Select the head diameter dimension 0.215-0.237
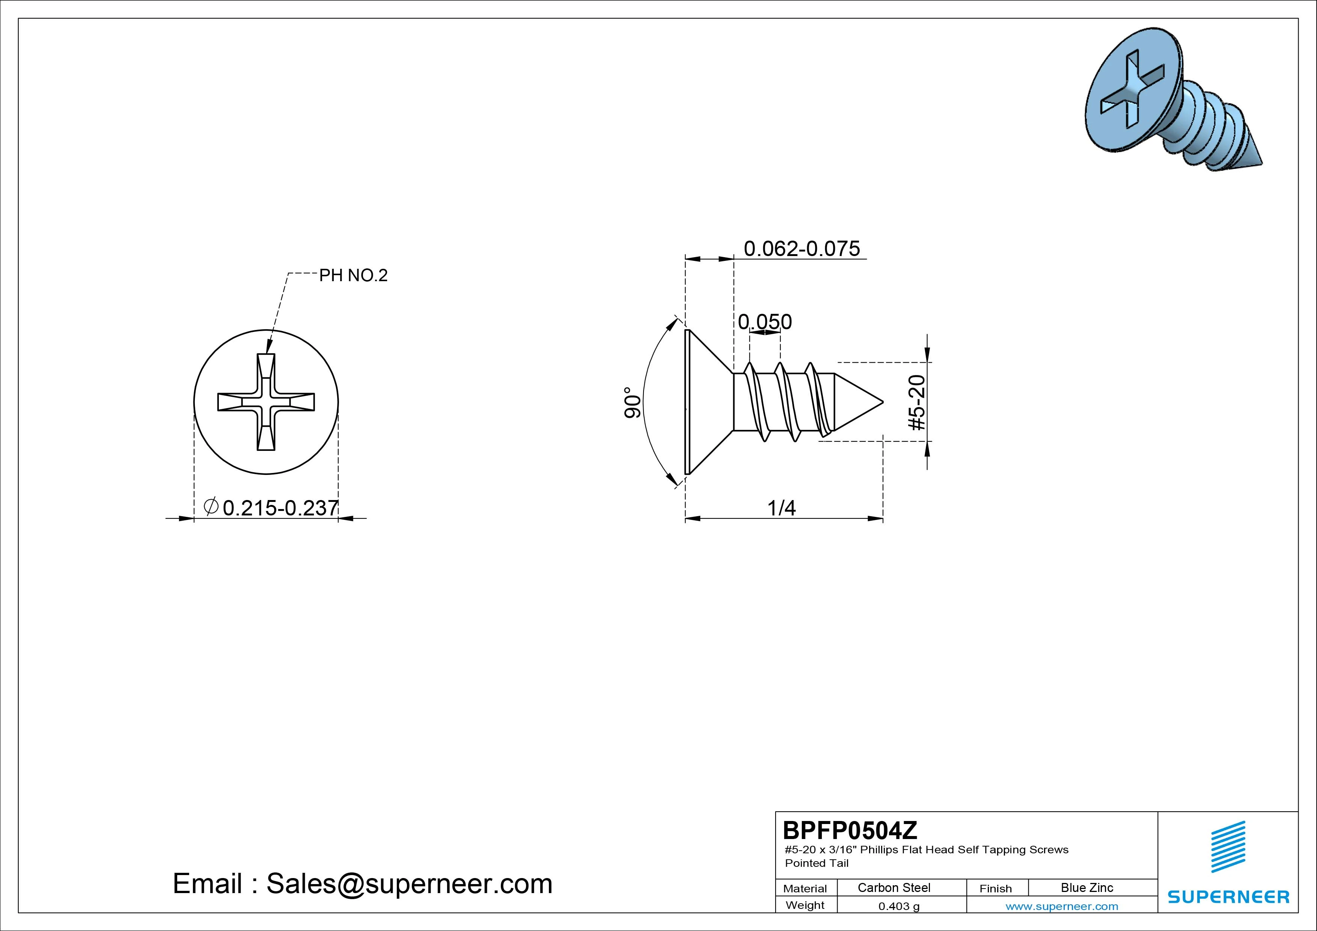tap(280, 508)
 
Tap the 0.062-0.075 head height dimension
tap(802, 249)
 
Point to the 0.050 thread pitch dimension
tap(765, 322)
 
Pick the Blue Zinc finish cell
tap(1087, 887)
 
